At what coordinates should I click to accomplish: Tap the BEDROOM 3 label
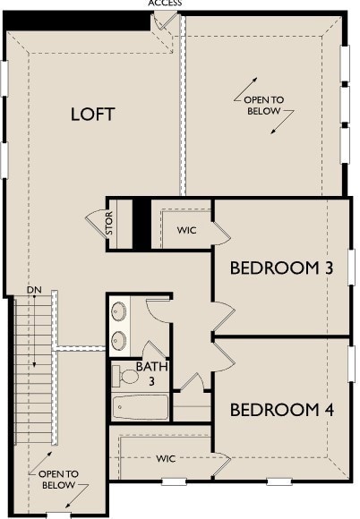tap(275, 268)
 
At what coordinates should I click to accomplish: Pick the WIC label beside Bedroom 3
tap(186, 230)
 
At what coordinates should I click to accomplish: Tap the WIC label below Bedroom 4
tap(166, 458)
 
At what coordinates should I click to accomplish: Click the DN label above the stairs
tap(34, 291)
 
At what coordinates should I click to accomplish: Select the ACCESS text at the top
tap(165, 4)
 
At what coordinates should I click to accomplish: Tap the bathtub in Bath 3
tap(141, 407)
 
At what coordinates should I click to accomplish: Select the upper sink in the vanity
tap(120, 312)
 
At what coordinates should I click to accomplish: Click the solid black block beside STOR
tap(141, 224)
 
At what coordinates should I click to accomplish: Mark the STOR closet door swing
tap(95, 224)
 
